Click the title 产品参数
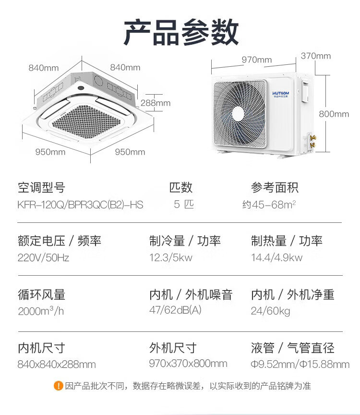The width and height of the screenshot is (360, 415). pyautogui.click(x=181, y=32)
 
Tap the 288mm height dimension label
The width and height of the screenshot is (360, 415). pyautogui.click(x=156, y=103)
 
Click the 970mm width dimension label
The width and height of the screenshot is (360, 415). pyautogui.click(x=256, y=60)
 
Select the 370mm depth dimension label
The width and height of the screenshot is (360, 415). pyautogui.click(x=315, y=56)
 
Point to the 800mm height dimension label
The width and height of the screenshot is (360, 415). pyautogui.click(x=334, y=114)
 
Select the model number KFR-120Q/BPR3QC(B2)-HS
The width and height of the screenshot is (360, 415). pyautogui.click(x=80, y=205)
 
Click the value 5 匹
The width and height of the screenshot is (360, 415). pyautogui.click(x=183, y=205)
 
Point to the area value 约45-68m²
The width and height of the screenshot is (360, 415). pyautogui.click(x=269, y=205)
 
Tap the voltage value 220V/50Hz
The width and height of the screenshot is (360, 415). pyautogui.click(x=43, y=257)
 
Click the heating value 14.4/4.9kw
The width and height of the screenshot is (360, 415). pyautogui.click(x=276, y=257)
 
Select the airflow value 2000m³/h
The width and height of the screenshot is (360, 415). pyautogui.click(x=41, y=311)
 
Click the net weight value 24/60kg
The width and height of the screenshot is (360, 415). pyautogui.click(x=270, y=311)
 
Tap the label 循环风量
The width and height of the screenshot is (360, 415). pyautogui.click(x=41, y=294)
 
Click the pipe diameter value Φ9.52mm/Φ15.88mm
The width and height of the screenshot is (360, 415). pyautogui.click(x=300, y=364)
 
